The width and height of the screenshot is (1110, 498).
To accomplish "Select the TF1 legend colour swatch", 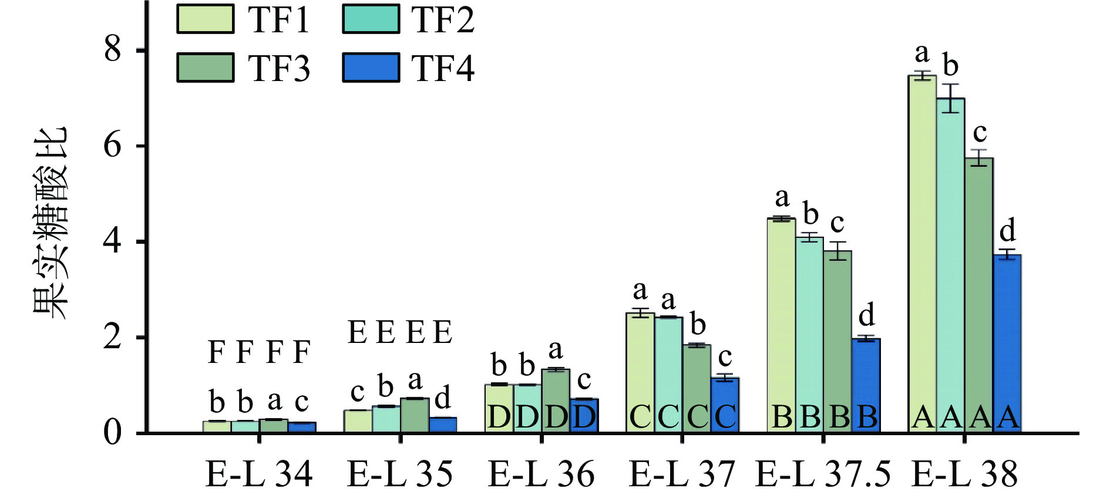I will (206, 19).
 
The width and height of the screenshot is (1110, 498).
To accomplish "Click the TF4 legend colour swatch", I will (371, 68).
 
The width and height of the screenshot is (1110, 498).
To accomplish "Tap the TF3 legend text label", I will (279, 69).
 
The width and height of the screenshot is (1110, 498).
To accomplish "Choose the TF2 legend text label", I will (443, 21).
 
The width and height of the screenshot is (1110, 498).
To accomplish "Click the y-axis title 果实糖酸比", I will (51, 223).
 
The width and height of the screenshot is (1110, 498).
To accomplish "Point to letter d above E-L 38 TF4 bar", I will (1008, 231).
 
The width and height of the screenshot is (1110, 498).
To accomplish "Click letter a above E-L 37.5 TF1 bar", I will (782, 198).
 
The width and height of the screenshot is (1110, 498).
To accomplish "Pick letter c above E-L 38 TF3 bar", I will (980, 133).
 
